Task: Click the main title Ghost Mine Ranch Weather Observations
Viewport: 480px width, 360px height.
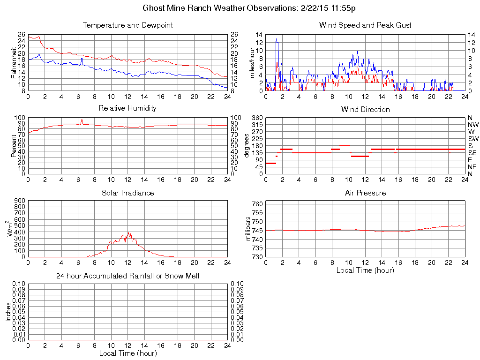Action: pos(253,8)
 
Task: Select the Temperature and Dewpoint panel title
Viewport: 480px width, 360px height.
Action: pos(127,25)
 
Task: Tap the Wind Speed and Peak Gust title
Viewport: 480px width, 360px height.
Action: pos(365,25)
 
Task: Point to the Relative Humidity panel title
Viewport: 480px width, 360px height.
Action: pos(127,108)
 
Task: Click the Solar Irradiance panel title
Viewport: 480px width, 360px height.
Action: pos(127,193)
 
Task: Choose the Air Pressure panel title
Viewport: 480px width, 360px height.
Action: pos(365,193)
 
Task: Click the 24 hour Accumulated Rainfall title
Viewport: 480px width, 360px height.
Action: pos(127,276)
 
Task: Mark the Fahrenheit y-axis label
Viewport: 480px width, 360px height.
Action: pos(14,63)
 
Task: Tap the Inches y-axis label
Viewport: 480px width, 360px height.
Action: pos(8,312)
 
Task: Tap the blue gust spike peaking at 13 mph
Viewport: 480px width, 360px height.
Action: pos(277,39)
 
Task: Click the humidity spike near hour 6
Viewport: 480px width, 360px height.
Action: pos(82,120)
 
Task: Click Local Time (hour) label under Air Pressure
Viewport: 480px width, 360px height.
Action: pos(365,270)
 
